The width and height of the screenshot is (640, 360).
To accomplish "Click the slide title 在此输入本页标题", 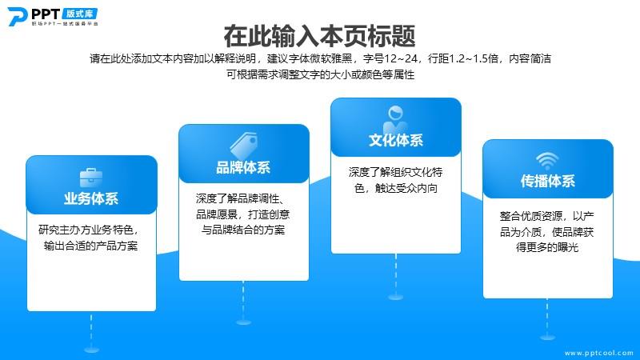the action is point(319,36).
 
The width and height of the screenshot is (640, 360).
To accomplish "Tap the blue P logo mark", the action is point(17,17).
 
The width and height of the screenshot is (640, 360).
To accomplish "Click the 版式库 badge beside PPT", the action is point(79,14).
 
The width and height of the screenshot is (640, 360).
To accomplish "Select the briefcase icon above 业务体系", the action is point(91,178).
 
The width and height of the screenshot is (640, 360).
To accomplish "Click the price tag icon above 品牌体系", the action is point(244,146).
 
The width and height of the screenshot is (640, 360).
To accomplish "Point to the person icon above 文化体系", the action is point(395,118).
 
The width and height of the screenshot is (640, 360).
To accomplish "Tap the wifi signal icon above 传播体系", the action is point(547,162).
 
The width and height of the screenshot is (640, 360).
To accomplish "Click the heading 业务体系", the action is point(91,198).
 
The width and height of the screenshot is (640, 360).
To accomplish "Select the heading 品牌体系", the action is point(243,167).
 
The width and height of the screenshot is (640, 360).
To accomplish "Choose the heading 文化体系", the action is point(396,141).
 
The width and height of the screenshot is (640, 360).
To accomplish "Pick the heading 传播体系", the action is point(548,181).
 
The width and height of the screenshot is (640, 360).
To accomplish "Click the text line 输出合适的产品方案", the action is point(91,246).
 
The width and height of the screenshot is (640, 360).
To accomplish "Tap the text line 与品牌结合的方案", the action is point(243,230).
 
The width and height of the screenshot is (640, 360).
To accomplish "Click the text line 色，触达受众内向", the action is point(396,188).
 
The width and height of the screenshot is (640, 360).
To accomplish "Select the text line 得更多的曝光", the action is point(547,247).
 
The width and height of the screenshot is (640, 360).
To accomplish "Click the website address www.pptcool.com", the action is point(598,353).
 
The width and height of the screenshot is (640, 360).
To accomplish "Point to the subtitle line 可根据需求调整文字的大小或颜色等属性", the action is point(321,74).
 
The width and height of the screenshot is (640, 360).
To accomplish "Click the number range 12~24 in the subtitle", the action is point(401,58).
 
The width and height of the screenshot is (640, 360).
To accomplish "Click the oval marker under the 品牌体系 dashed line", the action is point(244,322).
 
